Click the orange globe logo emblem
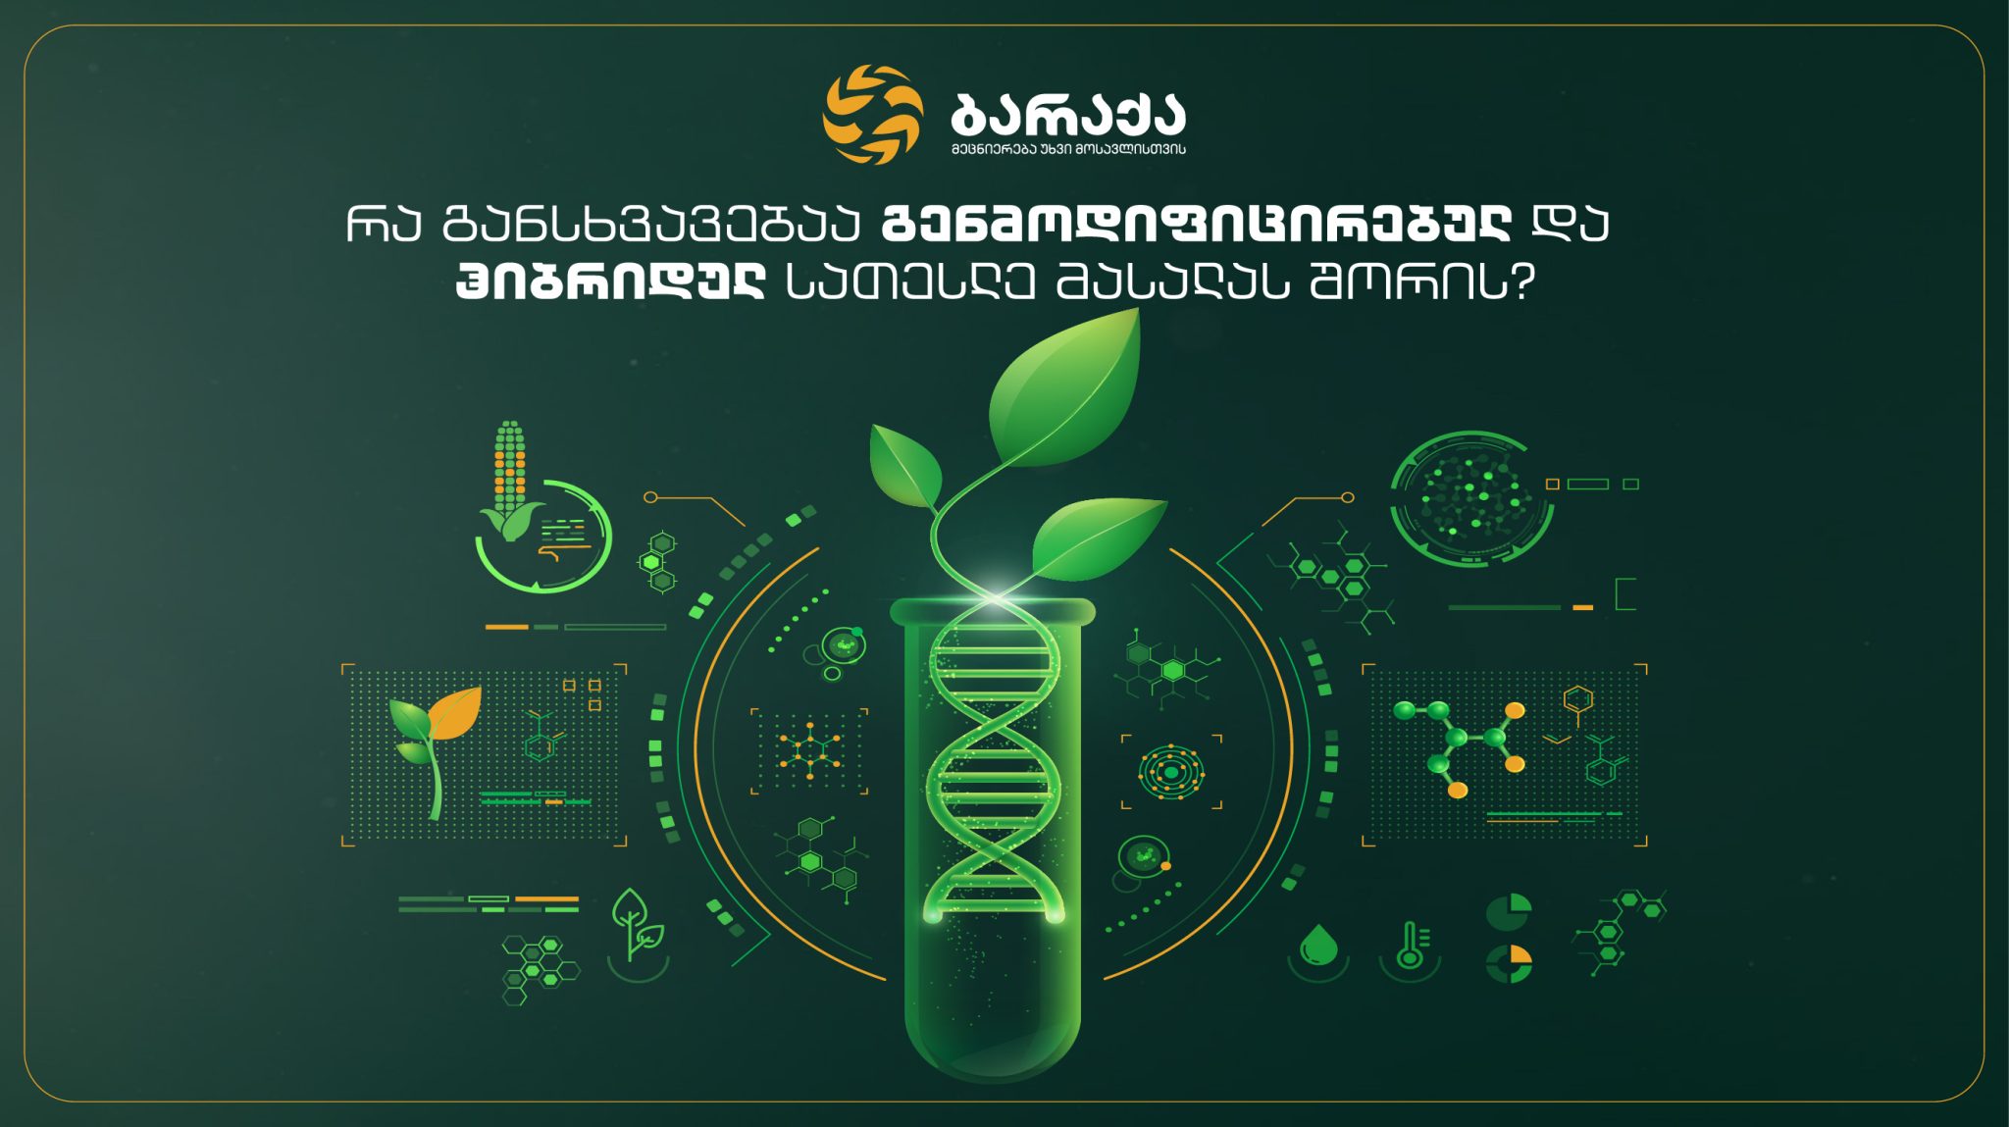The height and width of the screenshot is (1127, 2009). pyautogui.click(x=873, y=114)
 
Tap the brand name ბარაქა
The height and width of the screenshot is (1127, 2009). pyautogui.click(x=1068, y=115)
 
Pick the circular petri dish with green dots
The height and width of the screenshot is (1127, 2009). pyautogui.click(x=1470, y=498)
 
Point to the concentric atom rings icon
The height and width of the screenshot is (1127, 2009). pyautogui.click(x=1171, y=771)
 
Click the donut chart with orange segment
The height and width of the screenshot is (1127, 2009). pyautogui.click(x=1509, y=963)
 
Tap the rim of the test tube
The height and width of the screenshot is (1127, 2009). pyautogui.click(x=992, y=611)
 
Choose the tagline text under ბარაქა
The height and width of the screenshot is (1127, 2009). pyautogui.click(x=1068, y=149)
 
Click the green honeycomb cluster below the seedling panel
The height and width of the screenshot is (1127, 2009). pyautogui.click(x=540, y=969)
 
